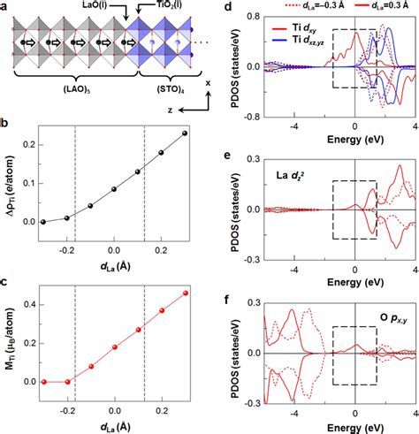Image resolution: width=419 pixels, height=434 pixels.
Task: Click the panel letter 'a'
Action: tap(7, 7)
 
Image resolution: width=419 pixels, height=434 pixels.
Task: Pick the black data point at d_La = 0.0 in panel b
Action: tap(114, 189)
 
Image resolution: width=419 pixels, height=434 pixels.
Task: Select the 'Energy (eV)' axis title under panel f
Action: tap(339, 427)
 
